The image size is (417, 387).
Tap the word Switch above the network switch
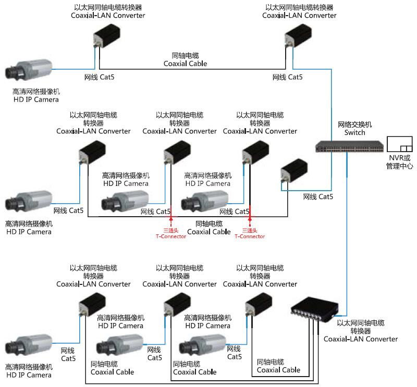pyautogui.click(x=354, y=133)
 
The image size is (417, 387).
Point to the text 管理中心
pyautogui.click(x=399, y=166)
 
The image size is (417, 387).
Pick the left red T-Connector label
pyautogui.click(x=171, y=236)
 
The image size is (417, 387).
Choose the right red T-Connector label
pyautogui.click(x=250, y=236)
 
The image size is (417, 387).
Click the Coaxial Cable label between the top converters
pyautogui.click(x=185, y=64)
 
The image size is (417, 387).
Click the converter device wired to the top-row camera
pyautogui.click(x=107, y=39)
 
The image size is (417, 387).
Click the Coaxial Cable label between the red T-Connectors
pyautogui.click(x=208, y=232)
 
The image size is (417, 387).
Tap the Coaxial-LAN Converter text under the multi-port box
pyautogui.click(x=361, y=339)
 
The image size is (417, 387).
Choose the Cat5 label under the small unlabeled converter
pyautogui.click(x=317, y=196)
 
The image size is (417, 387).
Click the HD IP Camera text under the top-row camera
pyautogui.click(x=36, y=99)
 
